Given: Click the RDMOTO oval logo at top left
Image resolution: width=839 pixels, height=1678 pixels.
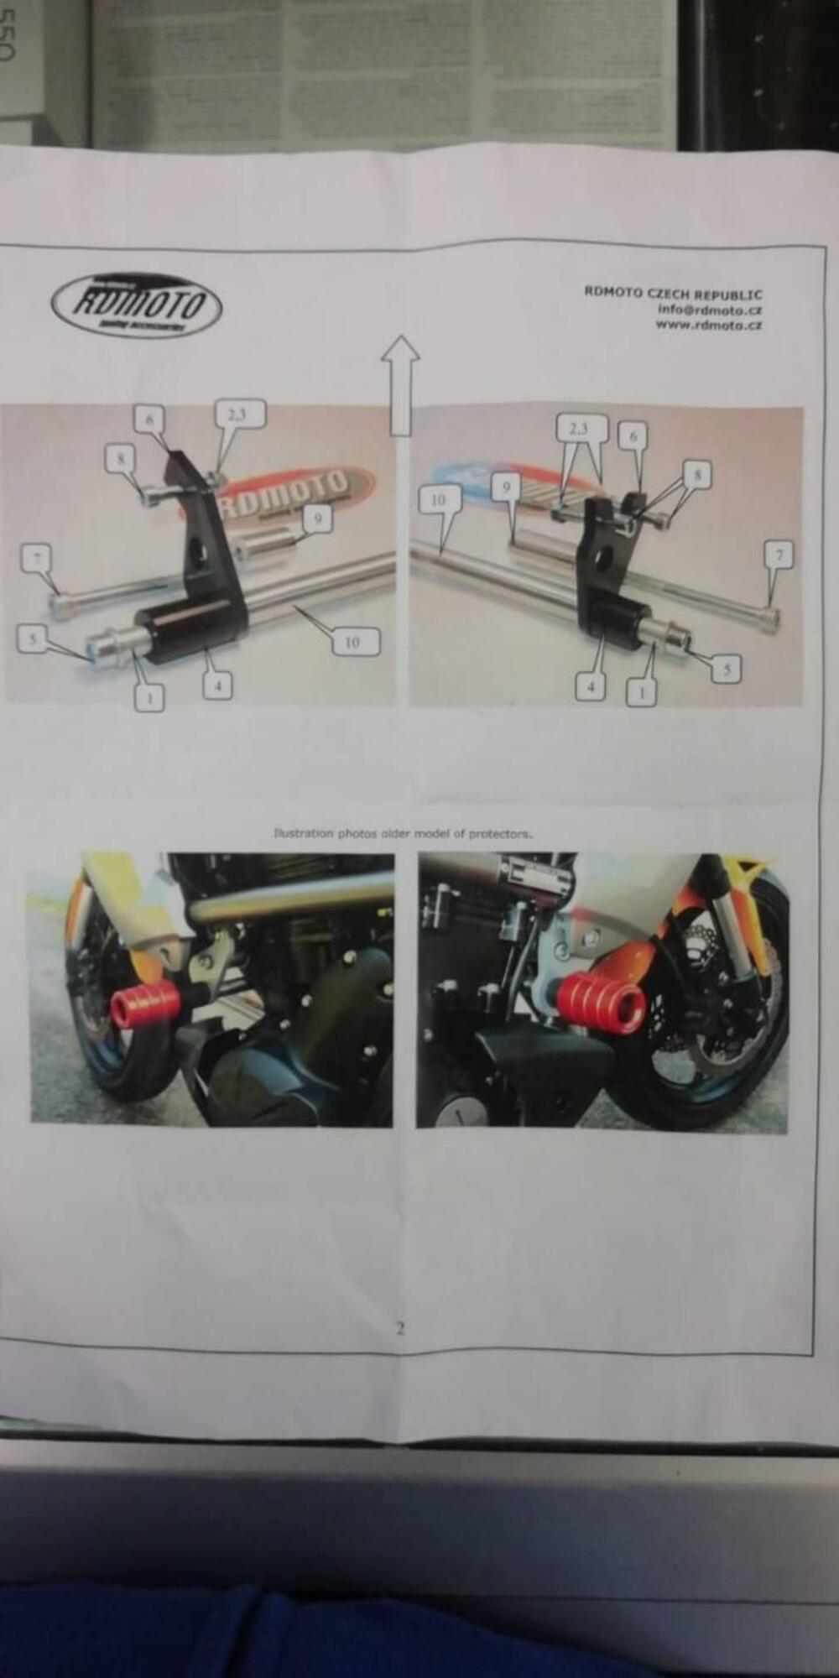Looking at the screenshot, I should pyautogui.click(x=137, y=305).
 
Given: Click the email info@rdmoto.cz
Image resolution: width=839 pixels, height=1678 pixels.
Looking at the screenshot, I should pyautogui.click(x=710, y=310).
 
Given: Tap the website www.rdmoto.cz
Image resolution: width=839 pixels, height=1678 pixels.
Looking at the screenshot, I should pyautogui.click(x=709, y=326).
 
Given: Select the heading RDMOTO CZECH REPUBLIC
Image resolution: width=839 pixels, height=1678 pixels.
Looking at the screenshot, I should pyautogui.click(x=673, y=294).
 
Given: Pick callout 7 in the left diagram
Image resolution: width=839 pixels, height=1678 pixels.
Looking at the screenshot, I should pyautogui.click(x=38, y=557).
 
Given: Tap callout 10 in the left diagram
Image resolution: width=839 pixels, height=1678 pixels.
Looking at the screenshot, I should pyautogui.click(x=352, y=642).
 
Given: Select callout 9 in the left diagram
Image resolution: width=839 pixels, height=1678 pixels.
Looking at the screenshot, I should pyautogui.click(x=316, y=518).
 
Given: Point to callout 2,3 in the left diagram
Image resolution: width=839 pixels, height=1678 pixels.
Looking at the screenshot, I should pyautogui.click(x=240, y=414).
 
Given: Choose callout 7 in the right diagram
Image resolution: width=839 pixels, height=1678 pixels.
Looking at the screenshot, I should pyautogui.click(x=779, y=555).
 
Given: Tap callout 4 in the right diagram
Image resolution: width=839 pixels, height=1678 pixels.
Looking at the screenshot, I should pyautogui.click(x=590, y=687).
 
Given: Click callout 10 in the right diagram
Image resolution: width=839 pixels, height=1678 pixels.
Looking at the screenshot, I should pyautogui.click(x=438, y=499).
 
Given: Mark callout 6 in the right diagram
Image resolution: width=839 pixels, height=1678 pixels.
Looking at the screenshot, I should pyautogui.click(x=634, y=435).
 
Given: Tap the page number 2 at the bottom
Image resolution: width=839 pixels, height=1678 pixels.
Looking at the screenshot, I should pyautogui.click(x=400, y=1329).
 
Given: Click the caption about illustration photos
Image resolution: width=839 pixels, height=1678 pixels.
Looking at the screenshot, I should pyautogui.click(x=403, y=834).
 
